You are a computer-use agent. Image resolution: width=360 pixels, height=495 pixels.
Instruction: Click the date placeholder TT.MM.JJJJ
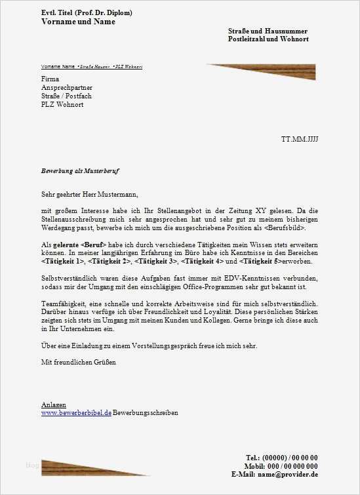coord(299,140)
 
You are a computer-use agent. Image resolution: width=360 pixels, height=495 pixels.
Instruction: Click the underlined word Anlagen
coord(53,405)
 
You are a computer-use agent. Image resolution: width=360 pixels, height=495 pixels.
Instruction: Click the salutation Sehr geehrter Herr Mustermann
coord(89,194)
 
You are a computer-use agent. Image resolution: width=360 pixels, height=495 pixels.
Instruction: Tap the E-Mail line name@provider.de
coord(275,474)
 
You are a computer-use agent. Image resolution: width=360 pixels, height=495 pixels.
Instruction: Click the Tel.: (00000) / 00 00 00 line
coord(282,457)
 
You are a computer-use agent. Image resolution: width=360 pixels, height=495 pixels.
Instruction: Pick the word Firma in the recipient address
coord(50,79)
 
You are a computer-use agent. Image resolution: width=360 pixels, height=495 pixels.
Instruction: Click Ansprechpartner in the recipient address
coord(66,88)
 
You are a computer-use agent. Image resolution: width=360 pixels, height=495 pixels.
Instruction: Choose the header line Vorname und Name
coord(78,22)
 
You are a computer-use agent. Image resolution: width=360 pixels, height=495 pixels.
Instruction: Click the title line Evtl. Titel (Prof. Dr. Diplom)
coord(87,12)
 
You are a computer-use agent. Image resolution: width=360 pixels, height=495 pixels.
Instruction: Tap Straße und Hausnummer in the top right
coord(268,31)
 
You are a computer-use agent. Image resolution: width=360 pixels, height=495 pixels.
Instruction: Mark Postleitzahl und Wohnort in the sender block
coord(268,39)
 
